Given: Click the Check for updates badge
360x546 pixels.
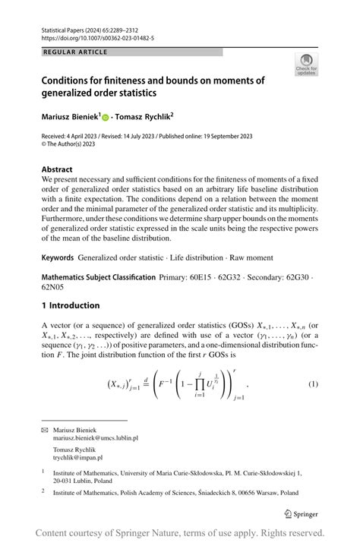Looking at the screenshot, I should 307,64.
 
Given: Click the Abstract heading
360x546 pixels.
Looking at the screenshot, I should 58,169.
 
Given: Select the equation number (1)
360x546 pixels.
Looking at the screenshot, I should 312,384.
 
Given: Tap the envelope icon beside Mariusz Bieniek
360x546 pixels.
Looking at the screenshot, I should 44,429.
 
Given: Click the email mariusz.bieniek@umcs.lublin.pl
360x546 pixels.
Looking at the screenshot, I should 95,438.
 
